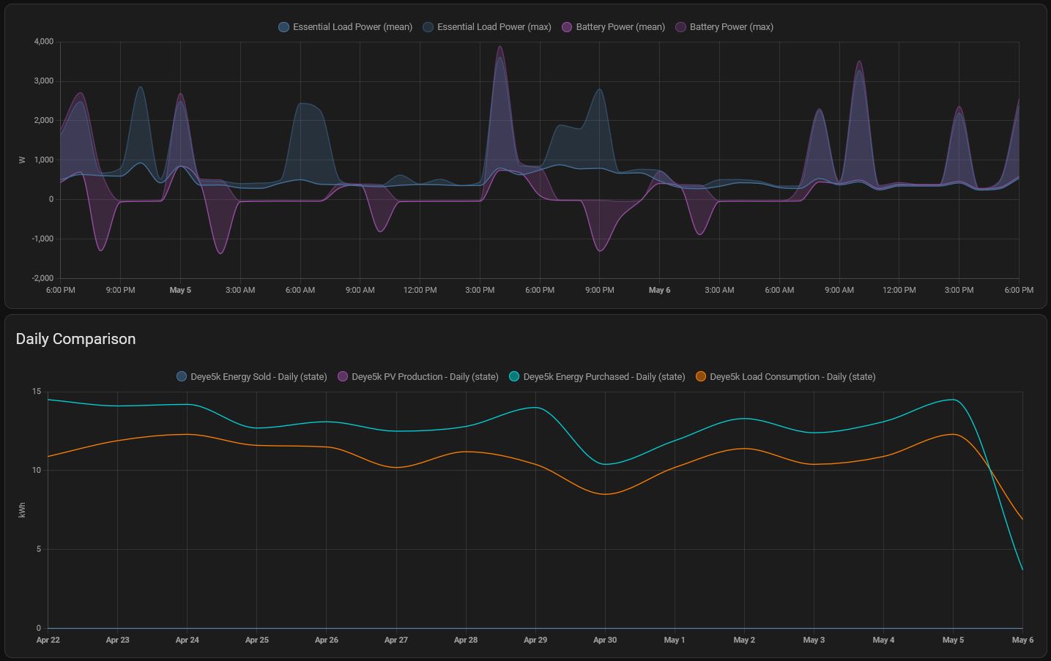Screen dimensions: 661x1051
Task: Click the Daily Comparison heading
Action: tap(75, 339)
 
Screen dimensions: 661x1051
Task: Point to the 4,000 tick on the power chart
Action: tap(43, 42)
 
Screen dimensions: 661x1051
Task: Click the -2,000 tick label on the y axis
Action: tap(42, 278)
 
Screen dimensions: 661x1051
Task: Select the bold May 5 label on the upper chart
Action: tap(180, 291)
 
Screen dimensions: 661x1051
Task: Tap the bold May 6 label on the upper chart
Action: tap(659, 291)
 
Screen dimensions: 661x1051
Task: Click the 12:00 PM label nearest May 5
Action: tap(420, 291)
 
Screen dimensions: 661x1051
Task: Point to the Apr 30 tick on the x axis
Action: tap(605, 640)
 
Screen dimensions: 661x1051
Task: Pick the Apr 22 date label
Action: tap(48, 640)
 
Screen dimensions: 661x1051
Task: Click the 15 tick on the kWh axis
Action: tap(37, 392)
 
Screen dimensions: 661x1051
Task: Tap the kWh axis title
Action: tap(22, 509)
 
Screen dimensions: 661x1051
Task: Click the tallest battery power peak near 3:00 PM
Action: tap(500, 47)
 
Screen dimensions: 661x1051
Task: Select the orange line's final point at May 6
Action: tap(1022, 520)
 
